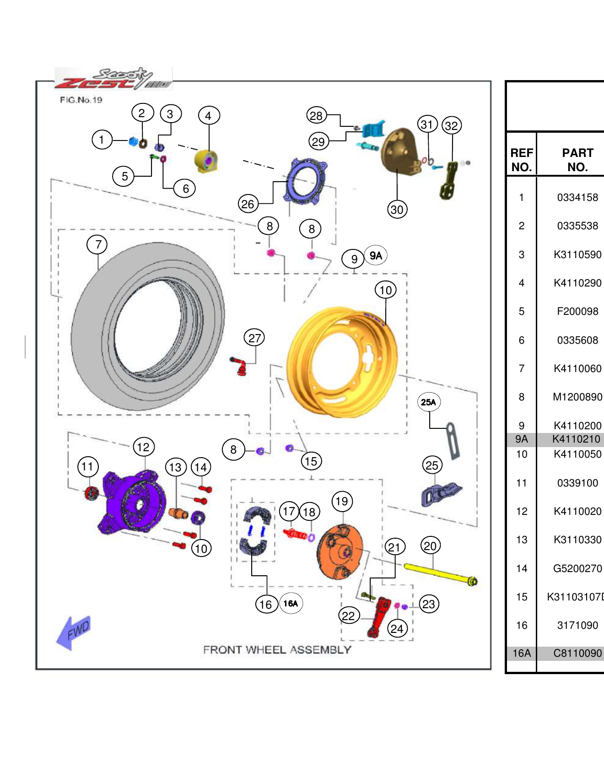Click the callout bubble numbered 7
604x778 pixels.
(x=97, y=244)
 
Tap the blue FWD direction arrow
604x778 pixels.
(x=73, y=633)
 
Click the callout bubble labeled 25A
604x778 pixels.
(x=429, y=402)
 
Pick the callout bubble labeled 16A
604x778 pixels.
(x=291, y=604)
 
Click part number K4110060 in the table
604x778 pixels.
(x=577, y=368)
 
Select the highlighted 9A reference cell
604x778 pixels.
(x=521, y=439)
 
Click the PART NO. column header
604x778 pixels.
(x=577, y=160)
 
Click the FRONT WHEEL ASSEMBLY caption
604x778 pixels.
(x=277, y=650)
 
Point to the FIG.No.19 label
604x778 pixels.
(x=81, y=100)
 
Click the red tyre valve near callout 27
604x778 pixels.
(x=239, y=367)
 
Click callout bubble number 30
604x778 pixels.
(x=397, y=210)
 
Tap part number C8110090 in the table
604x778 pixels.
(x=577, y=654)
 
